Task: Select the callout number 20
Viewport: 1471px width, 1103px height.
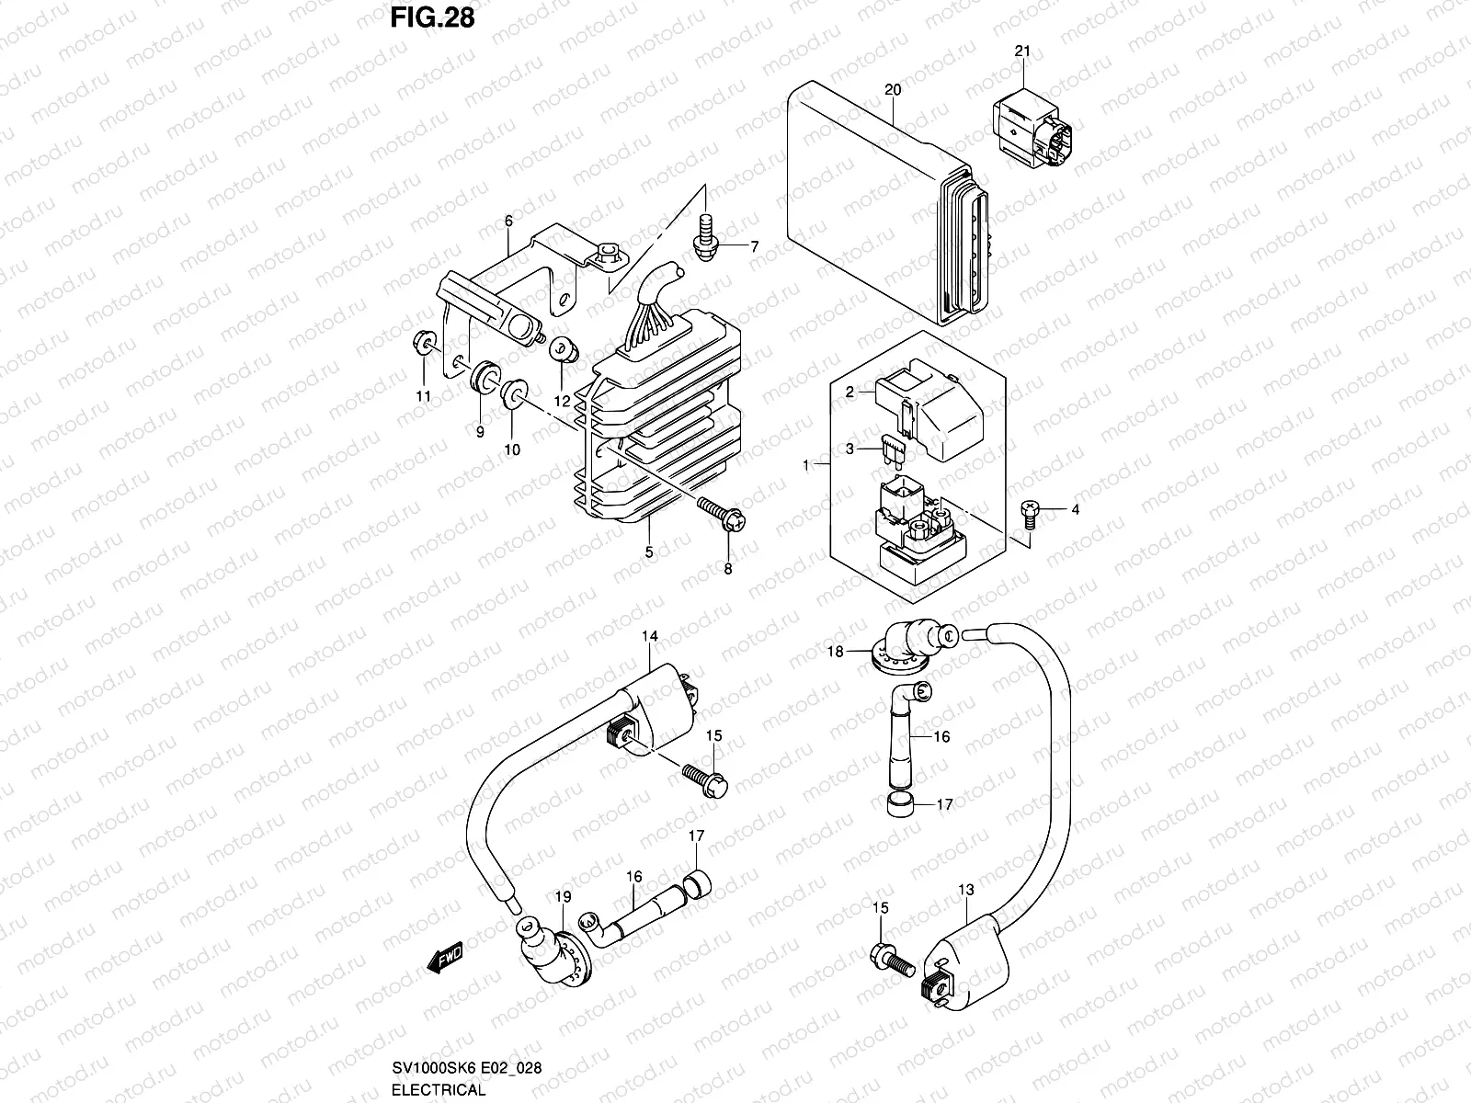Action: (892, 89)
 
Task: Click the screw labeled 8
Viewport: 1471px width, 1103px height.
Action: (724, 514)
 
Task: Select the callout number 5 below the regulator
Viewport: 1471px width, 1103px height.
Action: (648, 552)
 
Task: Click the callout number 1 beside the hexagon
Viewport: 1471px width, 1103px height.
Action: (806, 466)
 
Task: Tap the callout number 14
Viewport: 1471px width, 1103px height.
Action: (649, 636)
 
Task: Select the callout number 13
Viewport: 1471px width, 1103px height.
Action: (965, 890)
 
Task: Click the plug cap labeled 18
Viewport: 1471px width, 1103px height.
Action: (902, 642)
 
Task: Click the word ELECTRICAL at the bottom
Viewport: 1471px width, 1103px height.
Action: (438, 1090)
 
